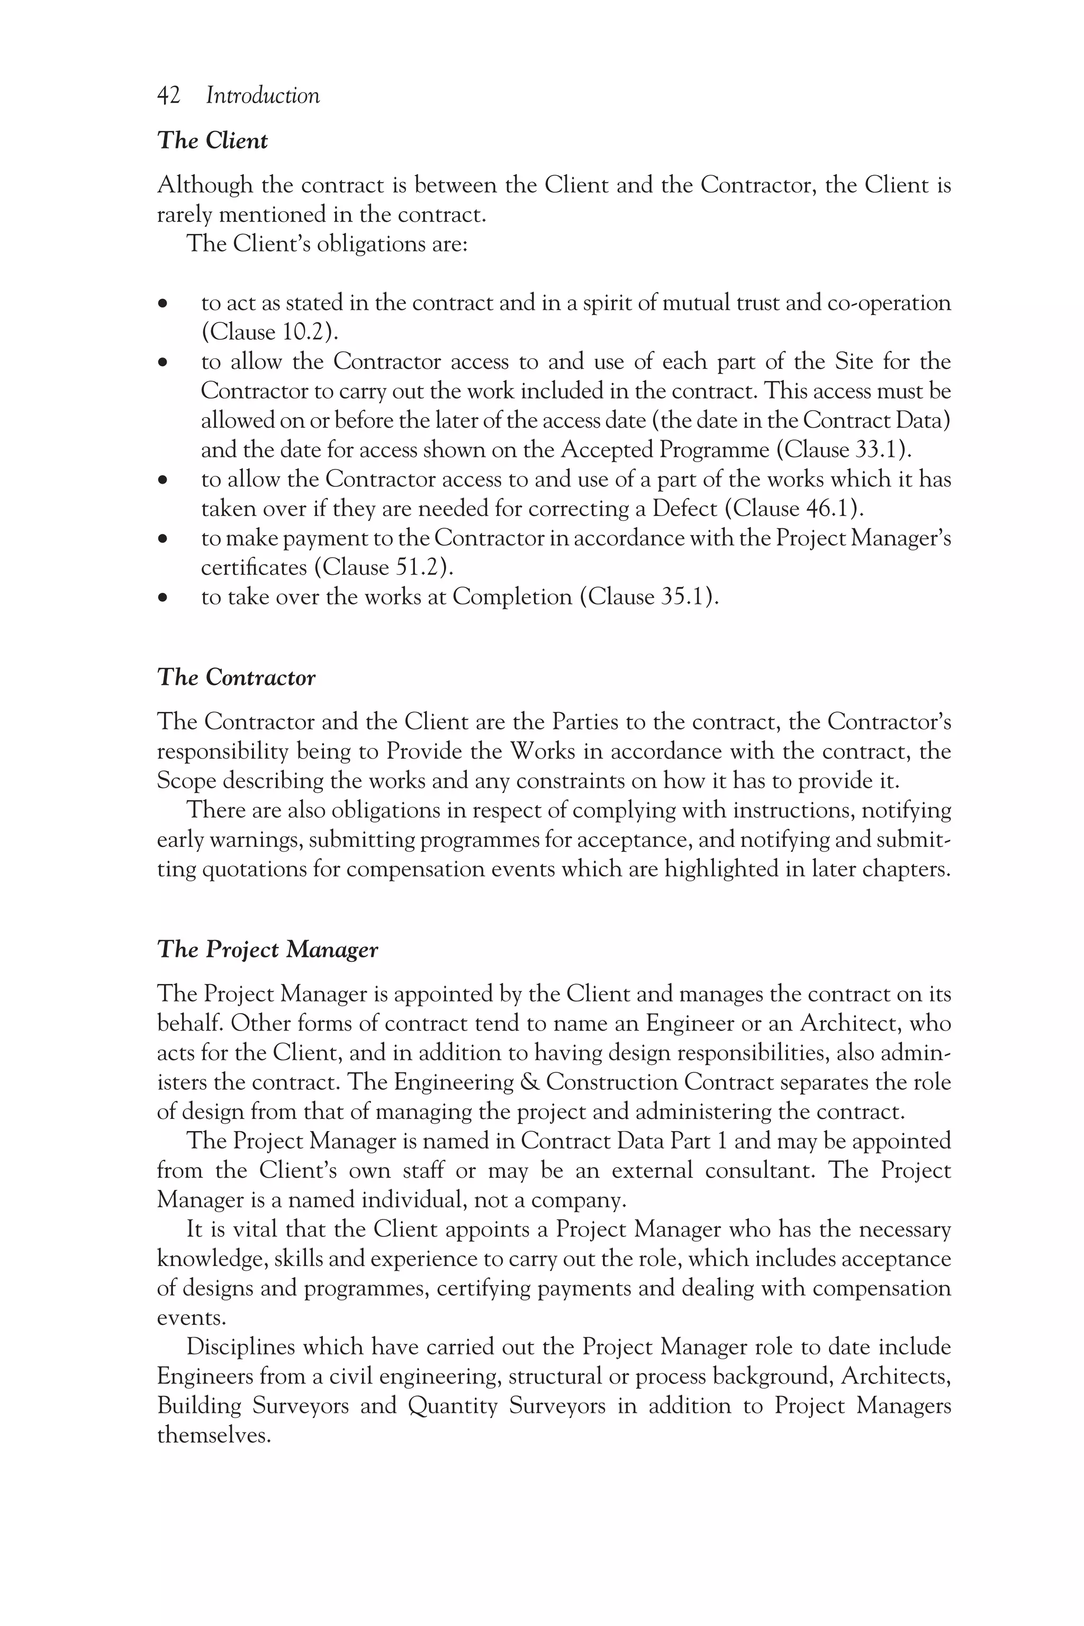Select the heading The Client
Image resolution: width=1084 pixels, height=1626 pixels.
click(212, 141)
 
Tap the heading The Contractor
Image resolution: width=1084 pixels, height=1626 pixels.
click(237, 677)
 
